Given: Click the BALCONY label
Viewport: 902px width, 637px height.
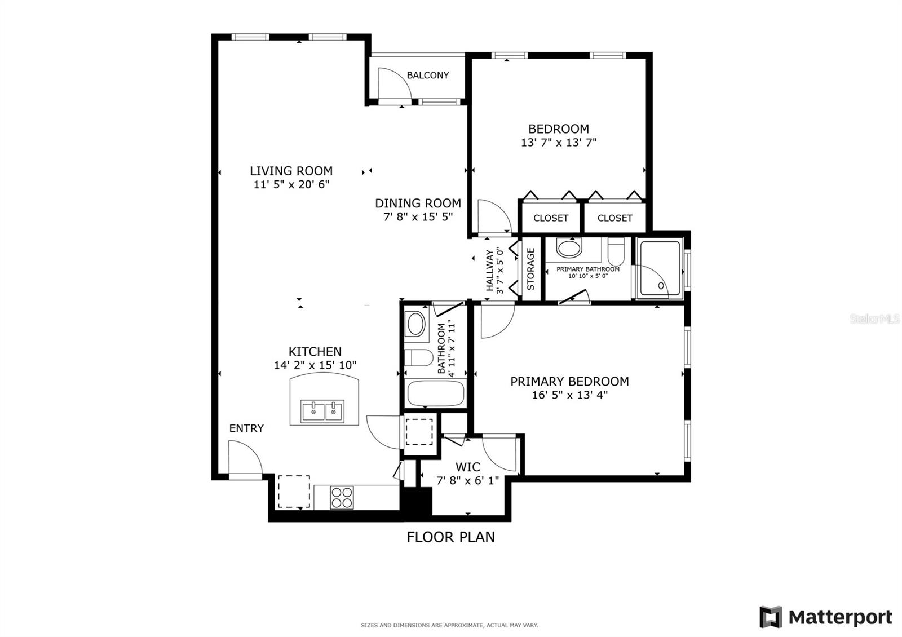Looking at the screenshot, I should (x=428, y=75).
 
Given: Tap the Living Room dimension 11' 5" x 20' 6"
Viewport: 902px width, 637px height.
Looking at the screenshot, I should (x=291, y=184).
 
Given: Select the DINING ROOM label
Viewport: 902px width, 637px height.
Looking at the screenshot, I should (x=418, y=203).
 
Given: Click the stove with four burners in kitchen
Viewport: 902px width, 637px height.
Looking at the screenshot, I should (x=342, y=497).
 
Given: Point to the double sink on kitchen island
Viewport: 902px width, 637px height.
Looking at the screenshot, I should (x=322, y=412).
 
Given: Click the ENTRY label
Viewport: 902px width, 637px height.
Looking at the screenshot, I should (x=246, y=428).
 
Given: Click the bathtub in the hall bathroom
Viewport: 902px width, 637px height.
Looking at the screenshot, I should (x=435, y=393).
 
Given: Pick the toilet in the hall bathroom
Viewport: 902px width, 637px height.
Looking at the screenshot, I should (x=418, y=357).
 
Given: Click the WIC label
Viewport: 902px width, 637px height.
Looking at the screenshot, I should (x=468, y=467).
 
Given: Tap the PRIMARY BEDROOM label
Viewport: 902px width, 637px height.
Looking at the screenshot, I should (x=569, y=382).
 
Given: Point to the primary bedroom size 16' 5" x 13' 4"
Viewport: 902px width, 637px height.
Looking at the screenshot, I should (x=569, y=395).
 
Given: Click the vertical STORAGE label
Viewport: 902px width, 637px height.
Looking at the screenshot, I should (x=530, y=269).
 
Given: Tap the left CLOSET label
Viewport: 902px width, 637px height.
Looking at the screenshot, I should (x=551, y=218).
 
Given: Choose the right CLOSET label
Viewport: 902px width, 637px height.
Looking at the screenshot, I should (x=614, y=218).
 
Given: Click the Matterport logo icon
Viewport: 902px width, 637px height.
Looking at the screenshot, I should (x=771, y=617).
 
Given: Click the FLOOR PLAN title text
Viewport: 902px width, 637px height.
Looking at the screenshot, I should (x=450, y=537).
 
